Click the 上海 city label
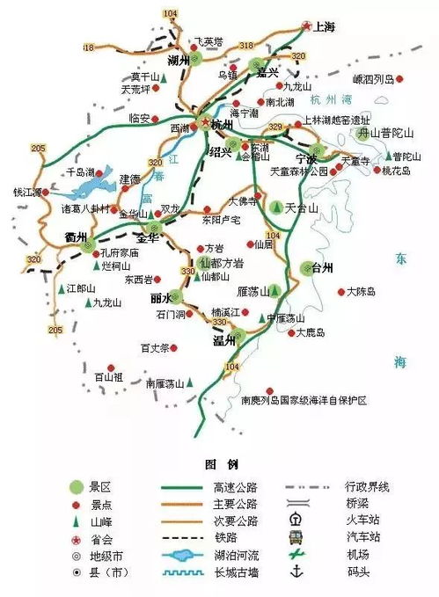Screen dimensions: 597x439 click(323, 27)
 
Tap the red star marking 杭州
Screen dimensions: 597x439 click(206, 122)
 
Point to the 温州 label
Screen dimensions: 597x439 click(224, 339)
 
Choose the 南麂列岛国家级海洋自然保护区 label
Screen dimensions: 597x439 click(303, 400)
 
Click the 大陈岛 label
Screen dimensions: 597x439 click(362, 291)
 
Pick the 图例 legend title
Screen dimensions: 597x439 click(217, 463)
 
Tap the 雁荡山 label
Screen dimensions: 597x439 click(252, 290)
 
